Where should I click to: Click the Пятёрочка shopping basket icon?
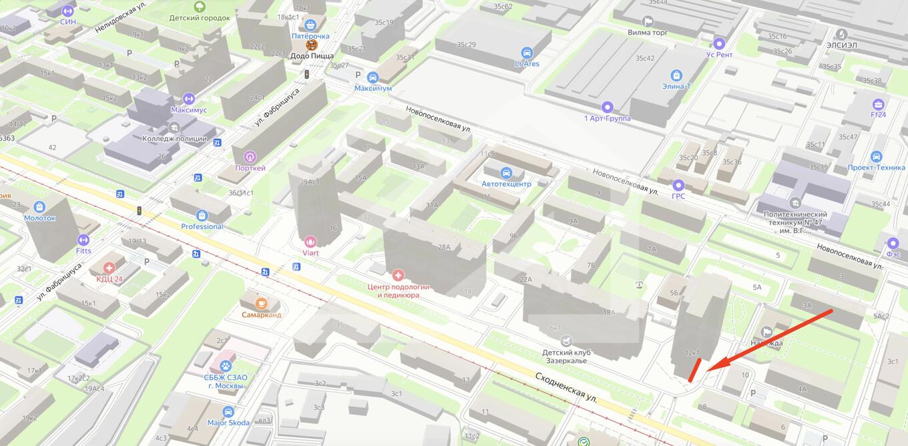[310, 25]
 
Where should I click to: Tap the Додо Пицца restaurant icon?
[311, 45]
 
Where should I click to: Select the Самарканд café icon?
[262, 303]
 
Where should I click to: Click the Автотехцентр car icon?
[506, 172]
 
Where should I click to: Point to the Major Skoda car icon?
[228, 411]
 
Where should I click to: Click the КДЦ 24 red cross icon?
[109, 268]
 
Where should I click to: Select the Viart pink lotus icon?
[310, 242]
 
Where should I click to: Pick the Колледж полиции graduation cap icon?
[174, 127]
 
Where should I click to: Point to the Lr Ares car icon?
[527, 53]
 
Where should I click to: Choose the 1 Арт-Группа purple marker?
[607, 107]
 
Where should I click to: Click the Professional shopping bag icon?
[202, 215]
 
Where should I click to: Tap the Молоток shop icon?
[39, 206]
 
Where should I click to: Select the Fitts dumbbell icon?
[83, 240]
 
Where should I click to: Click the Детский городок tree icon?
[199, 7]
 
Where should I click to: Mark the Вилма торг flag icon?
[648, 21]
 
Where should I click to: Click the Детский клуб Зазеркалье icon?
[567, 341]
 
